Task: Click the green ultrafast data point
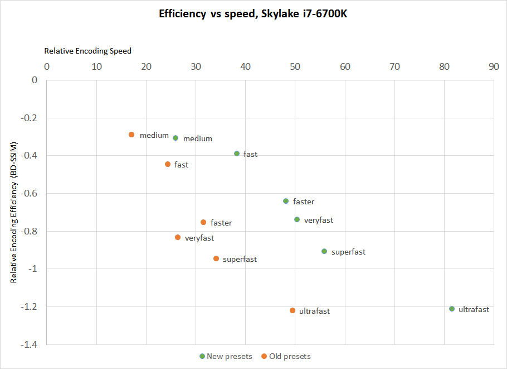click(452, 309)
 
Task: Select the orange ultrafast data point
click(292, 310)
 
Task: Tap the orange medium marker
click(131, 135)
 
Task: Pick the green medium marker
click(175, 138)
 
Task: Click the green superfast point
click(324, 251)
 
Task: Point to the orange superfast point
click(216, 258)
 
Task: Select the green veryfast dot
click(297, 219)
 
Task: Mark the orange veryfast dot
click(178, 237)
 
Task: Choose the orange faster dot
click(203, 222)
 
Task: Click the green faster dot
click(286, 201)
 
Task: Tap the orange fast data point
click(168, 164)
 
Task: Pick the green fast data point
click(237, 154)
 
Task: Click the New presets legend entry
click(226, 356)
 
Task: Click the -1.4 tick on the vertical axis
click(30, 344)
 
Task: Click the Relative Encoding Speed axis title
click(88, 51)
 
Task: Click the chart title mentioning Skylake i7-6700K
click(253, 13)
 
